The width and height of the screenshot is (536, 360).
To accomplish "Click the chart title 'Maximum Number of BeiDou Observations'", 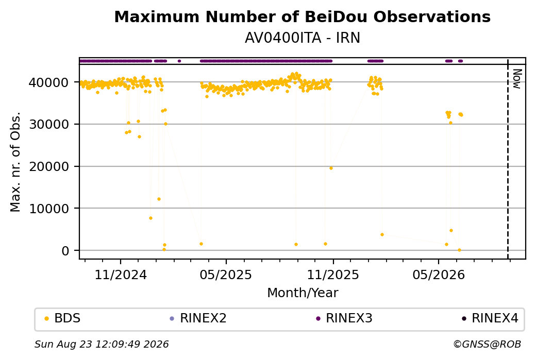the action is tap(302, 16).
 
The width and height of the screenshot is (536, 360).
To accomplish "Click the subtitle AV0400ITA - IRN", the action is tap(302, 38).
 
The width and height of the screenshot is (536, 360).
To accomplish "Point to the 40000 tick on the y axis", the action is tap(49, 82).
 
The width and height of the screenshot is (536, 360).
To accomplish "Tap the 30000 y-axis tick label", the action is tap(49, 124).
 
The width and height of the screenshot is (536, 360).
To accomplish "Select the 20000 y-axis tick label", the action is tap(49, 166).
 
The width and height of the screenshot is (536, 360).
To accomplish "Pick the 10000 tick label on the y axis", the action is tap(49, 209).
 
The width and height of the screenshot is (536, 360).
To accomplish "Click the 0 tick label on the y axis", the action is tap(65, 251).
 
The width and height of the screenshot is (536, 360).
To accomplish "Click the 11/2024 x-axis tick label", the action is tap(120, 275).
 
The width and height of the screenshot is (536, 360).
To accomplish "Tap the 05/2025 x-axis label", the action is tap(226, 275).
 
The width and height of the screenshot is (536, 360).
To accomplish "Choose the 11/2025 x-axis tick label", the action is tap(333, 275).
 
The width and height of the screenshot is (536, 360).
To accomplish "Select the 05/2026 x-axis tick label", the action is tap(439, 275).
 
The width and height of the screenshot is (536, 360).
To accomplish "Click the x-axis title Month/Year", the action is tap(303, 293).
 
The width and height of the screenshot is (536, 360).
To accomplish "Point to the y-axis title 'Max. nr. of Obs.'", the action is tap(15, 162).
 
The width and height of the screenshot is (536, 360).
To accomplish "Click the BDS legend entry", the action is tap(63, 318).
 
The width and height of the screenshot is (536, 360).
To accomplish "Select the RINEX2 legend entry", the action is tap(198, 318).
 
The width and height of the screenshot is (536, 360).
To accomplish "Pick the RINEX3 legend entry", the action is tap(344, 318).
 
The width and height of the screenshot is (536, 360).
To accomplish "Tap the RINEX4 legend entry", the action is tap(490, 318).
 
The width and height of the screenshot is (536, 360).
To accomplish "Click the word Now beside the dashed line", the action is tap(517, 79).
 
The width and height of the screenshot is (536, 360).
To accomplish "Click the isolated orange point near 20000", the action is tap(331, 168).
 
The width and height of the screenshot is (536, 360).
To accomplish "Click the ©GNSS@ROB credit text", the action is tap(487, 344).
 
